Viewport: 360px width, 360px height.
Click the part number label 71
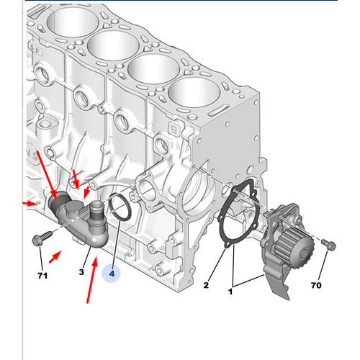tap(42, 275)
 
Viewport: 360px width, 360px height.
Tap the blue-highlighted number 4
tap(112, 274)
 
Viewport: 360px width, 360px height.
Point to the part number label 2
tap(205, 286)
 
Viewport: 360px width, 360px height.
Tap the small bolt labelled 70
tap(329, 246)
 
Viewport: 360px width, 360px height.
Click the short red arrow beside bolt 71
tap(55, 254)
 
